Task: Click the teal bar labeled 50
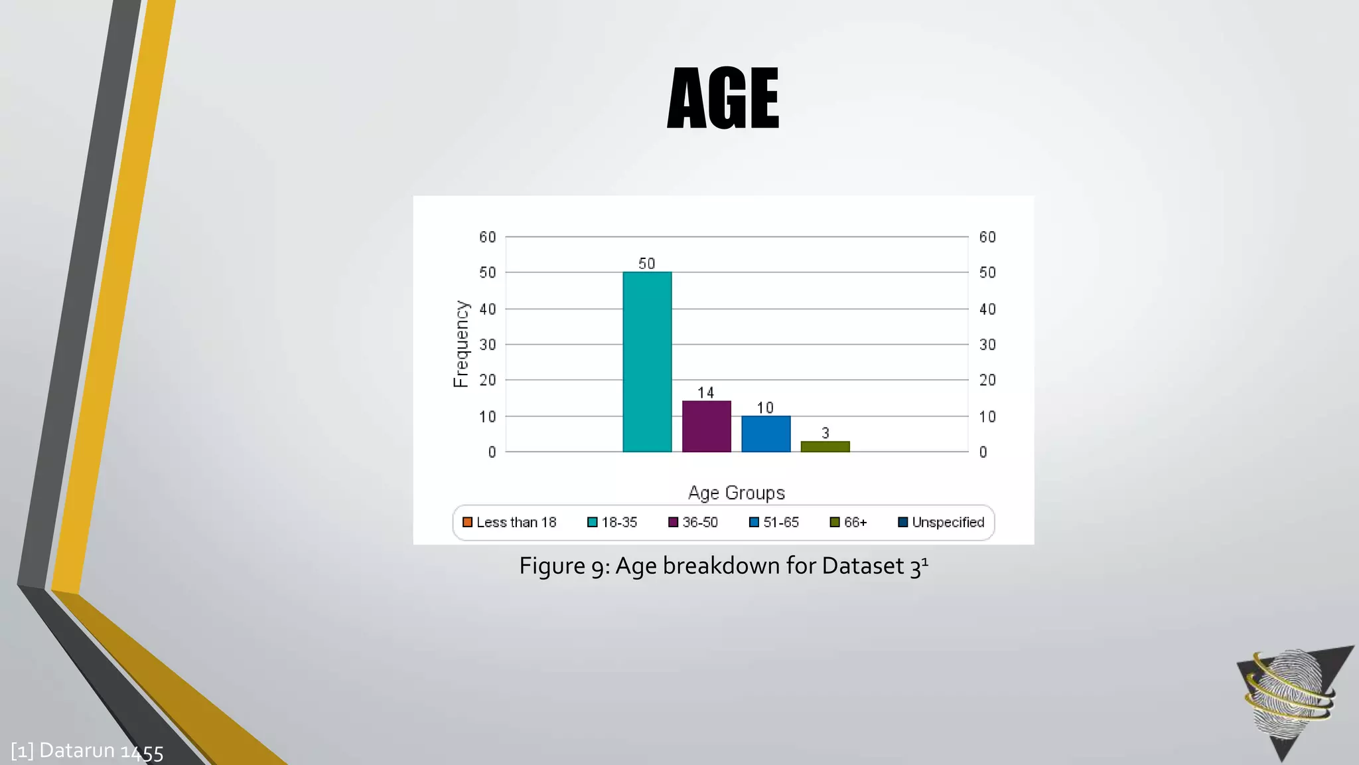[647, 362]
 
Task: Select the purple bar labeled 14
[706, 426]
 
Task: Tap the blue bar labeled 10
[766, 434]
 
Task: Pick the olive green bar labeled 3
[825, 446]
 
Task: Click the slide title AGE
[723, 98]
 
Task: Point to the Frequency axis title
[461, 344]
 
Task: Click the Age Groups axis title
[736, 493]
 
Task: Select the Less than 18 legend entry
[510, 523]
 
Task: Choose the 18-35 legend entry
[612, 523]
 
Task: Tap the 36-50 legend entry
[693, 523]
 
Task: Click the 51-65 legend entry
[774, 523]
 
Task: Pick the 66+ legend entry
[849, 523]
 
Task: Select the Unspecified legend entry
[941, 523]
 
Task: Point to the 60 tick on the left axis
[488, 237]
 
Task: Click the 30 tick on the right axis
[987, 345]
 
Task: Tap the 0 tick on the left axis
[492, 452]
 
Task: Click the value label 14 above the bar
[706, 392]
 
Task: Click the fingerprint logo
[1291, 697]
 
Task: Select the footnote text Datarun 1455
[101, 751]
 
